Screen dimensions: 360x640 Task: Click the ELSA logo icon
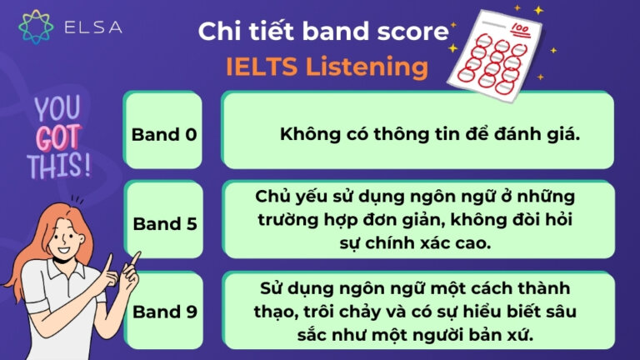coord(36,27)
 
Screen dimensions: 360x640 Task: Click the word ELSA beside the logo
coord(92,27)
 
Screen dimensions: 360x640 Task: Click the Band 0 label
coord(164,134)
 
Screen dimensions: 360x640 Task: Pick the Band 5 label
coord(164,223)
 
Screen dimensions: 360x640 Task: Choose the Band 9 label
coord(164,312)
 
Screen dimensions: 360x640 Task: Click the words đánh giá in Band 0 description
coord(535,134)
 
